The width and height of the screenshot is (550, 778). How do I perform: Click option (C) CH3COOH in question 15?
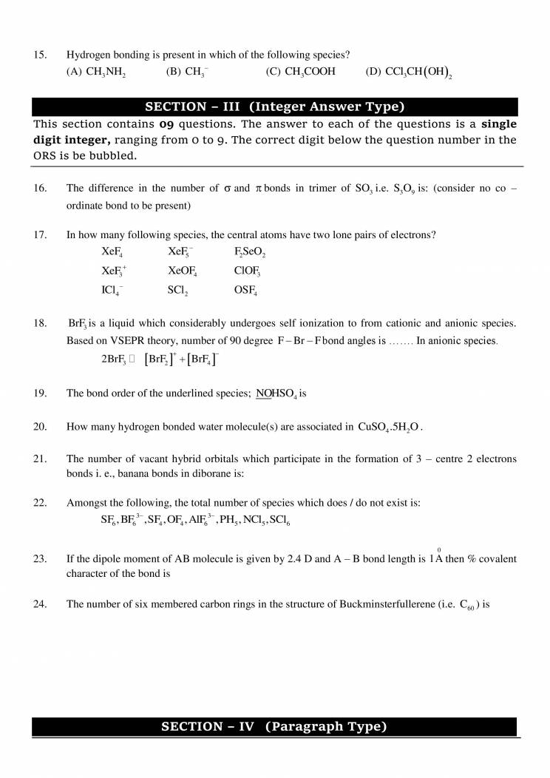300,72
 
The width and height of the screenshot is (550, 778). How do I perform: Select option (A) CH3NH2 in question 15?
96,72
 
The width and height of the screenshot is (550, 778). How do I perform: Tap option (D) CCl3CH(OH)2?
409,72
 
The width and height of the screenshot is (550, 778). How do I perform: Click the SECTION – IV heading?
274,727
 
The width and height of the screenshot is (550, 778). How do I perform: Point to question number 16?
41,189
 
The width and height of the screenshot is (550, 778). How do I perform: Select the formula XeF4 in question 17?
112,253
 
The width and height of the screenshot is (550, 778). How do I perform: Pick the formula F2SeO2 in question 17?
249,253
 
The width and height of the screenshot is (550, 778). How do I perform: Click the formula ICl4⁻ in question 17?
112,291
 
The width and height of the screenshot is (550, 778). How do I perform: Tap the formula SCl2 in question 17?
177,291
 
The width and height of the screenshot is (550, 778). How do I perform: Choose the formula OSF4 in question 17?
245,291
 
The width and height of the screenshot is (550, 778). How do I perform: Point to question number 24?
41,604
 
